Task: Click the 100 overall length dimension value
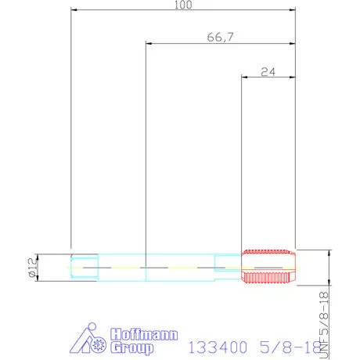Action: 183,5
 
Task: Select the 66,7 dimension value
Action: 221,37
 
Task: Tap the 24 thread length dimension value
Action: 268,71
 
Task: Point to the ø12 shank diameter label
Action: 33,268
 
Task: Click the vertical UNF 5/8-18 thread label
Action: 324,325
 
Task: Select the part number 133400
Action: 218,347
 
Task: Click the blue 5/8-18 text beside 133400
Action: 290,347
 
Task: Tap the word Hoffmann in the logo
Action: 144,334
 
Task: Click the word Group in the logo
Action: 131,348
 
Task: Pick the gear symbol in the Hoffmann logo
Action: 99,345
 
